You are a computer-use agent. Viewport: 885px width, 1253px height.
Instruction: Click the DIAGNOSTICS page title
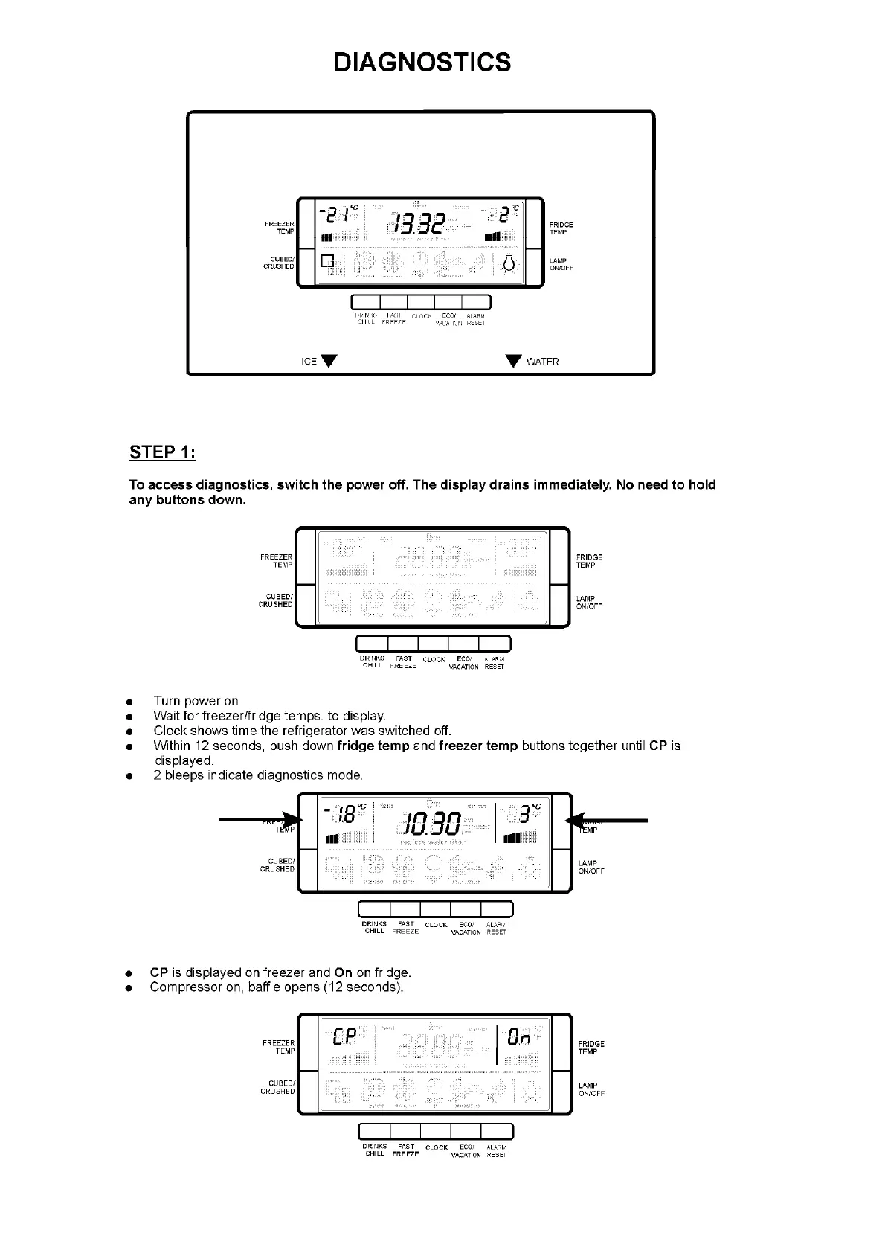tap(422, 62)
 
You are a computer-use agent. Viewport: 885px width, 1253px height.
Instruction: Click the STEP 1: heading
tap(162, 452)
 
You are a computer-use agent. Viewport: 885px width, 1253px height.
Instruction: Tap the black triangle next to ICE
tap(329, 361)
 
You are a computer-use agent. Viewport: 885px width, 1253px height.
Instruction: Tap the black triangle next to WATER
tap(513, 361)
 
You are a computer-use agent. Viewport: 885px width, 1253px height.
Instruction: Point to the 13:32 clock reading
tap(420, 223)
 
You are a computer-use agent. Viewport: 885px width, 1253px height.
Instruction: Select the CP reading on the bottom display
tap(347, 1036)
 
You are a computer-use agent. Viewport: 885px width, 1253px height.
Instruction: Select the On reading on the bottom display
tap(518, 1036)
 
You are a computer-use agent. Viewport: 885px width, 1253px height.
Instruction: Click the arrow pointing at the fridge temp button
tap(606, 820)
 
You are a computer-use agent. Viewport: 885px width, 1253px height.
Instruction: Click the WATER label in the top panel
tap(542, 362)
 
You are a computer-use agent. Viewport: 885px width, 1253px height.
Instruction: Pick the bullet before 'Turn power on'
tap(129, 702)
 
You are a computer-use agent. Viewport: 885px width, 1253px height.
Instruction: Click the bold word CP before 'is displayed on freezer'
tap(158, 972)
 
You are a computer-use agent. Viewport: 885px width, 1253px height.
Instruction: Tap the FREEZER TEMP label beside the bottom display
tap(279, 1047)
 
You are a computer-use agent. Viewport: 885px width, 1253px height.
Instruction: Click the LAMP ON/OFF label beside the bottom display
tap(591, 1089)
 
